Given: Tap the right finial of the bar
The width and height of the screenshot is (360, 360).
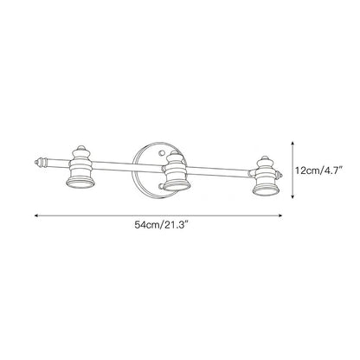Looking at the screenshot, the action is coord(279,175).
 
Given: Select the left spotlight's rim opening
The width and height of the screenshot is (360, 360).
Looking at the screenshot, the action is coord(80,183).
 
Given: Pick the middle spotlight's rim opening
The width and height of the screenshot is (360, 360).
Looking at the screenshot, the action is coord(177,185).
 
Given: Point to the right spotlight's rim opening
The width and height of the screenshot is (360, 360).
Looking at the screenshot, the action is coord(267,190).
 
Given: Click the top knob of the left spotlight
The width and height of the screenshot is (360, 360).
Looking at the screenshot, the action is coord(80,148).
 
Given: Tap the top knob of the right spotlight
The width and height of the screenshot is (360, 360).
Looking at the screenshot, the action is coord(265,158).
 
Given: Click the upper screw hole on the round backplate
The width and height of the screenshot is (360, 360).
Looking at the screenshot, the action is coord(162,151).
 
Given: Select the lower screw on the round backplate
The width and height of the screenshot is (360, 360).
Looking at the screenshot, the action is coord(161,187).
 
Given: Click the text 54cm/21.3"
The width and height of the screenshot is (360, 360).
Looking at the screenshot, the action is coord(162,225).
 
